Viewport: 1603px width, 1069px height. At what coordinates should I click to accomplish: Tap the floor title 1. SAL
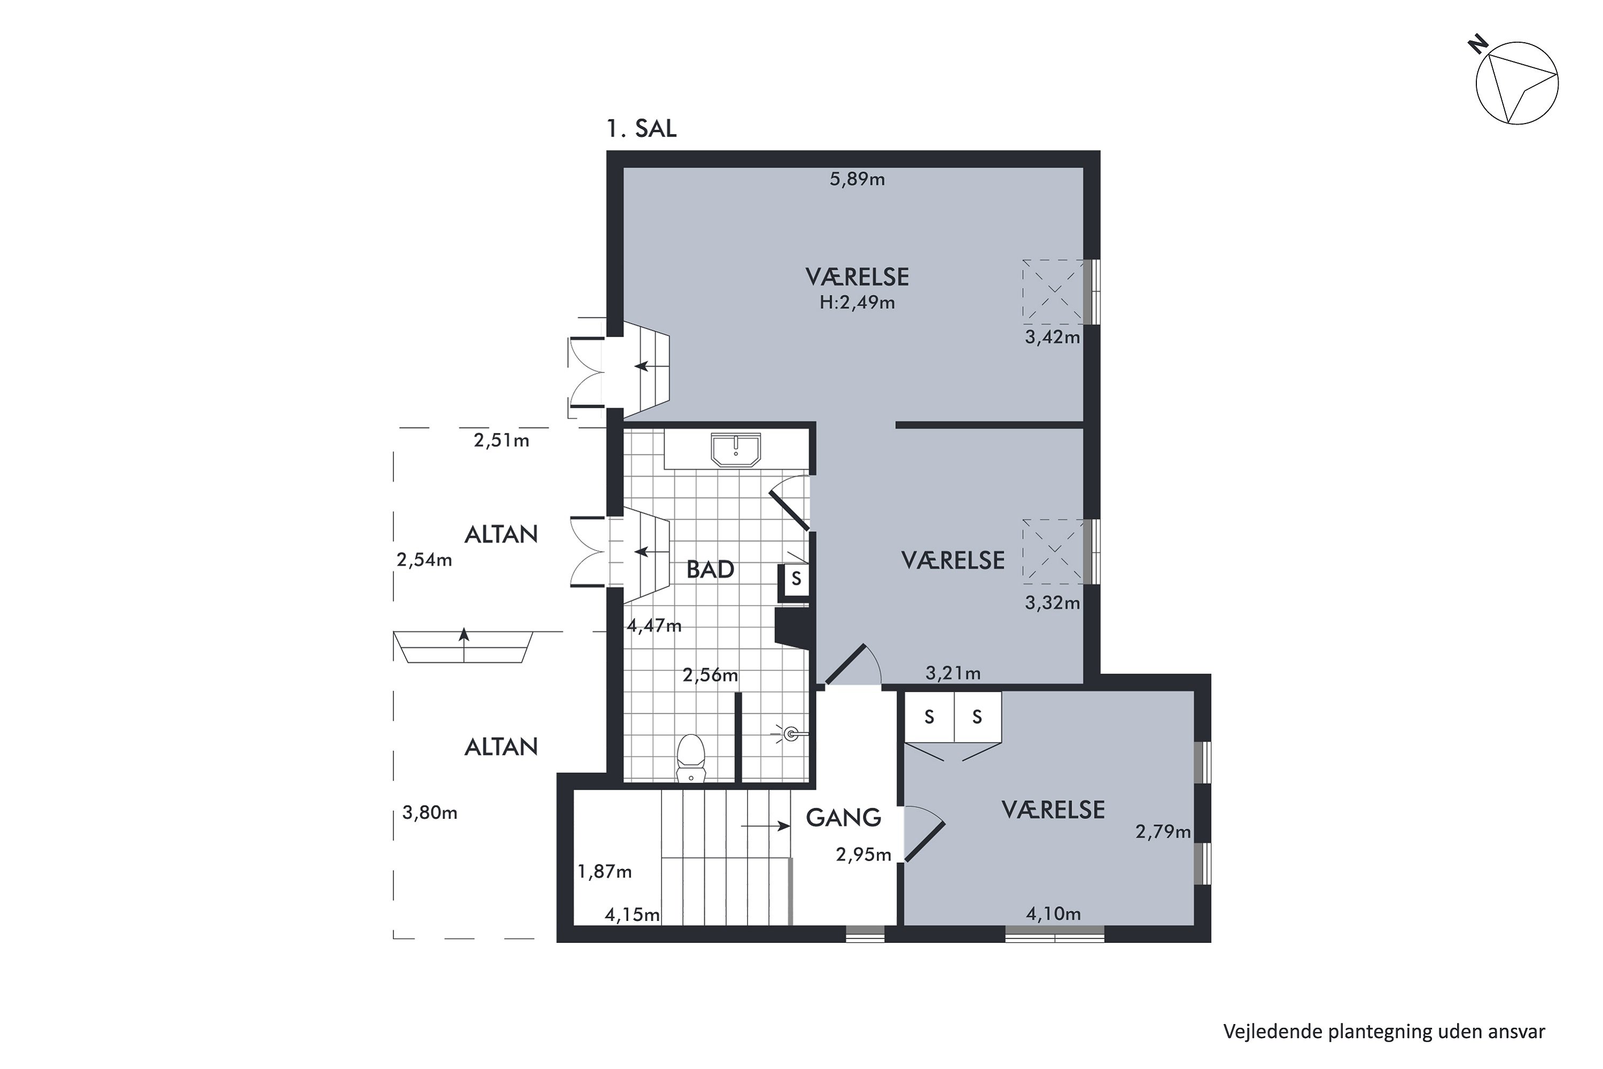641,129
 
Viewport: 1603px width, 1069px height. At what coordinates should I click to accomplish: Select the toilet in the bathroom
691,757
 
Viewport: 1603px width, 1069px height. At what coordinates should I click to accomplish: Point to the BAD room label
710,569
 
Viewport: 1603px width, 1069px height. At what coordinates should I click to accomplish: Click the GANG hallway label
844,817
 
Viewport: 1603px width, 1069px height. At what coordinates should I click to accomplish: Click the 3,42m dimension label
1052,337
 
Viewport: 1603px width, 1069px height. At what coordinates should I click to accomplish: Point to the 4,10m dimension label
1054,913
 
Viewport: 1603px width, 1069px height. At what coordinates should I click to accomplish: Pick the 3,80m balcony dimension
430,812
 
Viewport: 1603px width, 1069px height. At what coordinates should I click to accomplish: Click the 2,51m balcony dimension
502,440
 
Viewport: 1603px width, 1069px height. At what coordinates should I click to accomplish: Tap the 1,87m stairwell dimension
604,871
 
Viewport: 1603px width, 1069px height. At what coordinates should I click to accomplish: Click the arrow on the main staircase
765,826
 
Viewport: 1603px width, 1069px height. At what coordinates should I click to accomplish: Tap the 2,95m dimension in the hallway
863,855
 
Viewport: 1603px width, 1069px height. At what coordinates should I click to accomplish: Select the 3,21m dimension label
953,673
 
